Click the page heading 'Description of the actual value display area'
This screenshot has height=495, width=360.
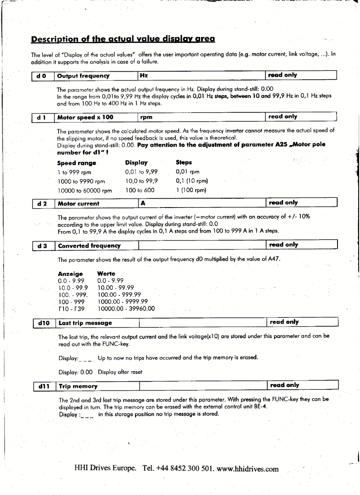tap(123, 39)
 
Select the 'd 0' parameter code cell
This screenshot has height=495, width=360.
tap(42, 75)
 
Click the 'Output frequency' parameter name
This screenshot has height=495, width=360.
tap(79, 75)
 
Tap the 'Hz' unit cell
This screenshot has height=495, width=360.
tap(143, 75)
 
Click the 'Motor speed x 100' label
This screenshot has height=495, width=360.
tap(81, 117)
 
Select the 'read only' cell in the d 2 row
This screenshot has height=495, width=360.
tap(283, 203)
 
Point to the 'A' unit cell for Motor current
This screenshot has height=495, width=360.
tap(142, 203)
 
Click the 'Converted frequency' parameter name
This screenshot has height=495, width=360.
tap(89, 245)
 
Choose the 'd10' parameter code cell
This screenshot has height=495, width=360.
tap(44, 323)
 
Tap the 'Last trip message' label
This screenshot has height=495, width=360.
tap(85, 323)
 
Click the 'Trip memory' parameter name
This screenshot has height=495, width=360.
tap(78, 386)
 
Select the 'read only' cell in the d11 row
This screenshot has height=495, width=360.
tap(284, 385)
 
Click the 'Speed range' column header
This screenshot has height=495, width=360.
tap(76, 163)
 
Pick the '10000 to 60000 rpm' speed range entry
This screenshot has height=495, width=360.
tap(85, 190)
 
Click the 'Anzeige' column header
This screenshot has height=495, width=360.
tap(70, 274)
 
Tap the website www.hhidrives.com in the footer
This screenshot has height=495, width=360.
tap(248, 469)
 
